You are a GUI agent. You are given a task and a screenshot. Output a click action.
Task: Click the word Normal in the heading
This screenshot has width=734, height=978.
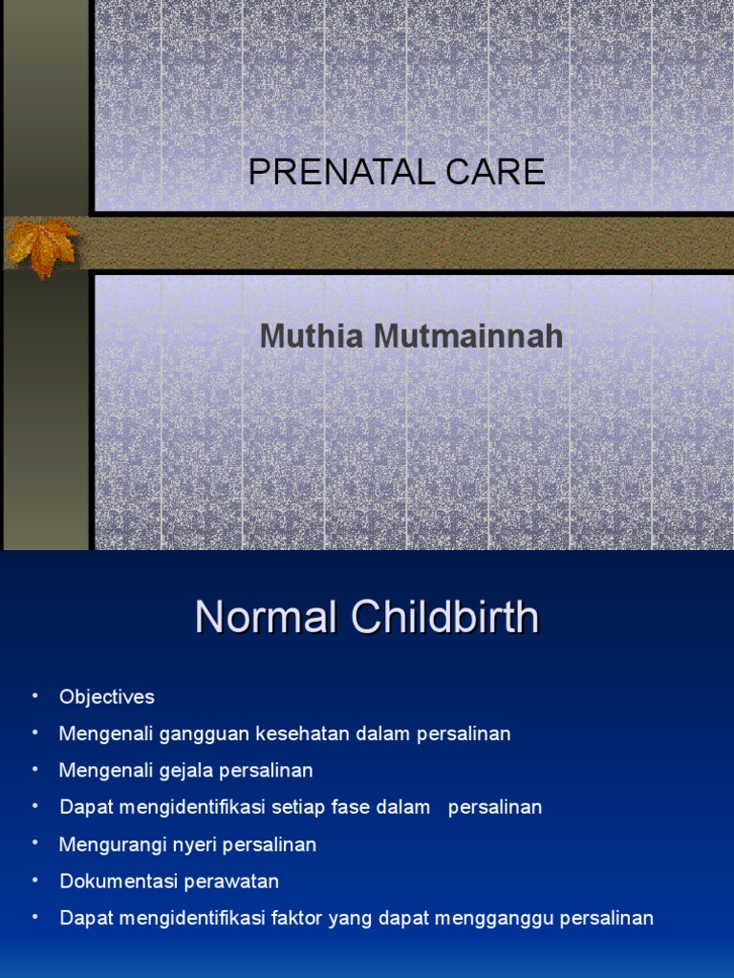pos(267,618)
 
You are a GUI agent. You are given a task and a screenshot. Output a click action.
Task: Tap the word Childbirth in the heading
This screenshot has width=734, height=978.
pos(445,618)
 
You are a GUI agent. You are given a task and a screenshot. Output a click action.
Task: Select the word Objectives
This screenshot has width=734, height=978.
pos(106,697)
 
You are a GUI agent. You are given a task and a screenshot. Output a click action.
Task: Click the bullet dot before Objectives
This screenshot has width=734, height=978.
pos(35,695)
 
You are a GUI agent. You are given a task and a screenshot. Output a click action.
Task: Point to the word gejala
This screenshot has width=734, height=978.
pos(197,770)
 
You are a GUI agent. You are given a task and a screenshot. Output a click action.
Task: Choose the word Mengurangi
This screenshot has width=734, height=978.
pos(107,844)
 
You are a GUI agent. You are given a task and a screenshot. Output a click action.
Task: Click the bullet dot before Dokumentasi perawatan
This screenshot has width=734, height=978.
pos(35,879)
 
